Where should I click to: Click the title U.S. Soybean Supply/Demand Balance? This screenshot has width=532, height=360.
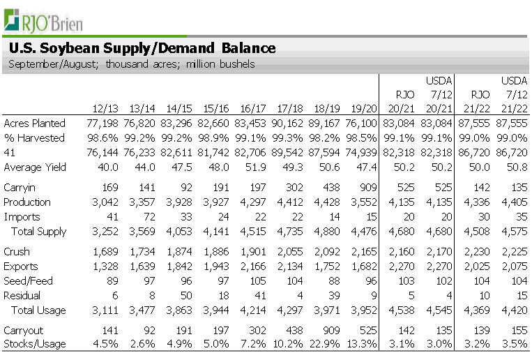click(x=142, y=48)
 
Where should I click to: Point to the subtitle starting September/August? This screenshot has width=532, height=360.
click(x=132, y=64)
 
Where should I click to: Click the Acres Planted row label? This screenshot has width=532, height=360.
click(x=34, y=123)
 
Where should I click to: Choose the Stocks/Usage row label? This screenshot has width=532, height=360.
click(x=35, y=343)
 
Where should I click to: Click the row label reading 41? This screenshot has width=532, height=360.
click(x=9, y=153)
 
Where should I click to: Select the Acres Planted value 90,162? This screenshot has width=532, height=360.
click(x=287, y=123)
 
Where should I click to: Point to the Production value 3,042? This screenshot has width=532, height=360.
click(x=103, y=202)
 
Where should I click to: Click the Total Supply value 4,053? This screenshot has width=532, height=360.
click(x=180, y=232)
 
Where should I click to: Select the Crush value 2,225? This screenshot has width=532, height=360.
click(x=513, y=252)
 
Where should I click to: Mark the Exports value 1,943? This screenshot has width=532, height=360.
click(x=217, y=267)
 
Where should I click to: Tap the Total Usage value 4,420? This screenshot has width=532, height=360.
click(x=513, y=310)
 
